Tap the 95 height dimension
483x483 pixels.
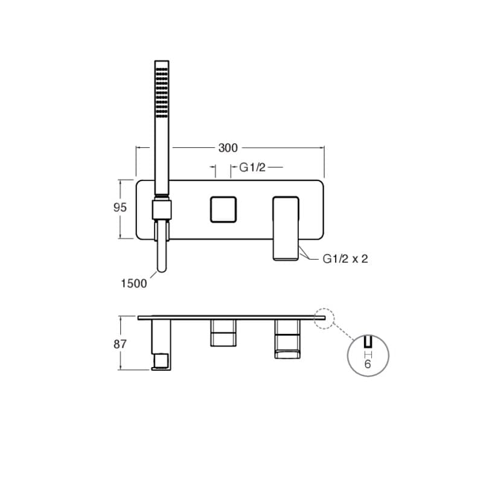click(x=120, y=207)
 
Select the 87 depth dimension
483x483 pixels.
click(x=120, y=344)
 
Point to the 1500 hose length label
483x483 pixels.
click(x=134, y=283)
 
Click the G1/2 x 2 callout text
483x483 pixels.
click(x=345, y=258)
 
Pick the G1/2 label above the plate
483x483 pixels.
click(x=252, y=167)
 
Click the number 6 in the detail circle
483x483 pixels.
click(x=366, y=365)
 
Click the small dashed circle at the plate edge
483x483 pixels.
click(x=325, y=318)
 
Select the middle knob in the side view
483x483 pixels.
click(x=223, y=332)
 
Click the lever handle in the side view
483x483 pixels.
click(x=287, y=338)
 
